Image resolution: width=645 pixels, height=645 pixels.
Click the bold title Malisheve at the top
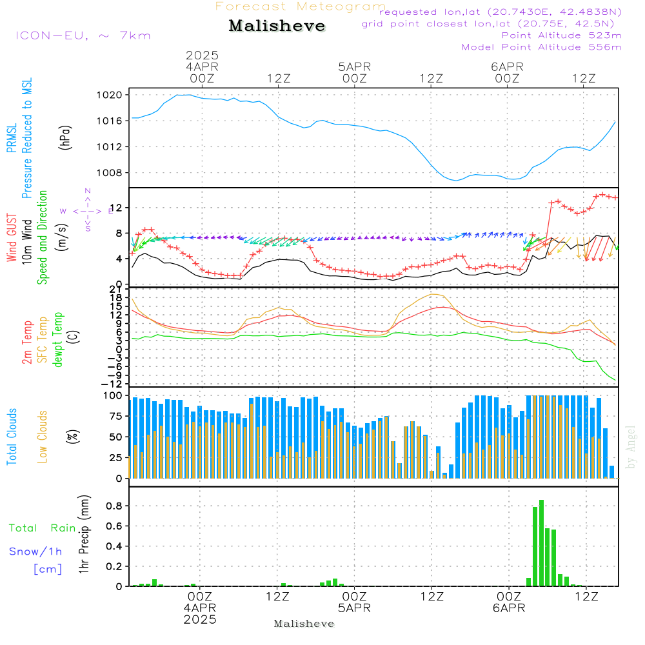pyautogui.click(x=277, y=26)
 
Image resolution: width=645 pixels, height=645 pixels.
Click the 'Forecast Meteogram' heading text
pyautogui.click(x=301, y=6)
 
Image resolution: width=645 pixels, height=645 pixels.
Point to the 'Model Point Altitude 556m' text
pyautogui.click(x=542, y=47)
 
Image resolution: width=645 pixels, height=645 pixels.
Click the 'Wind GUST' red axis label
pyautogui.click(x=12, y=239)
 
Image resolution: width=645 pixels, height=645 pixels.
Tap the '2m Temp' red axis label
pyautogui.click(x=27, y=341)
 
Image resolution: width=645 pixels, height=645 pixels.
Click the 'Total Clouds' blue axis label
pyautogui.click(x=12, y=437)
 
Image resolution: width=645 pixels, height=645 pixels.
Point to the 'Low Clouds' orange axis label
pyautogui.click(x=43, y=436)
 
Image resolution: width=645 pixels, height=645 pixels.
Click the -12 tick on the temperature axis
pyautogui.click(x=117, y=383)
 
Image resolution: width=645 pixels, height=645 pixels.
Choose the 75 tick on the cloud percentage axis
pyautogui.click(x=117, y=416)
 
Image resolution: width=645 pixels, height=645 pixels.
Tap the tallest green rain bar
pyautogui.click(x=541, y=542)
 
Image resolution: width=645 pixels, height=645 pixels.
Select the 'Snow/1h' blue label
pyautogui.click(x=35, y=551)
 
